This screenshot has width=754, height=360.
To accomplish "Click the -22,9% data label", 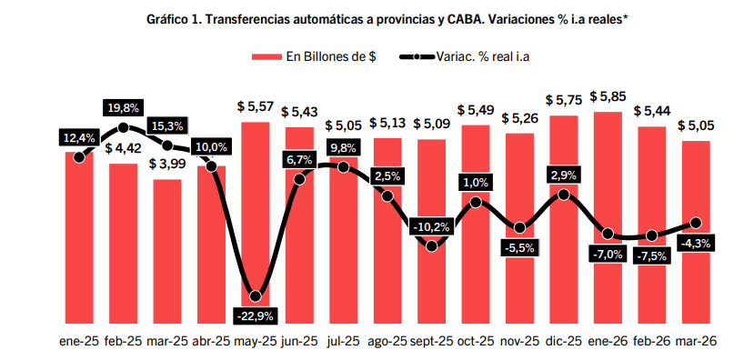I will tap(256, 315).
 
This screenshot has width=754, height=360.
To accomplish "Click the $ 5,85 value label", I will tap(608, 96).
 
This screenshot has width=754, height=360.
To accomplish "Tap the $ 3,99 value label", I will tap(167, 164).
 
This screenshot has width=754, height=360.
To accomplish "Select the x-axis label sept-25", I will tap(431, 341).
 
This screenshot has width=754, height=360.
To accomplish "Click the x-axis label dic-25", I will tap(564, 341).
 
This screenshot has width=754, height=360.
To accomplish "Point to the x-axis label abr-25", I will tap(211, 341).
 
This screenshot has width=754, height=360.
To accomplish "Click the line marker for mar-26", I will tap(697, 222).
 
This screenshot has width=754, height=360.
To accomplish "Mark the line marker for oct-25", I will tap(476, 201).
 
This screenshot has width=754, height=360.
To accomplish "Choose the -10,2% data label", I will tap(431, 226).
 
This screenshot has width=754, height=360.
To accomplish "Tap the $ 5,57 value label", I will tap(256, 106).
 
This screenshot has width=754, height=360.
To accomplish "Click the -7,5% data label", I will tap(651, 255).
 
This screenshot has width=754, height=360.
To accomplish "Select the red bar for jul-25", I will tap(344, 255).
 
